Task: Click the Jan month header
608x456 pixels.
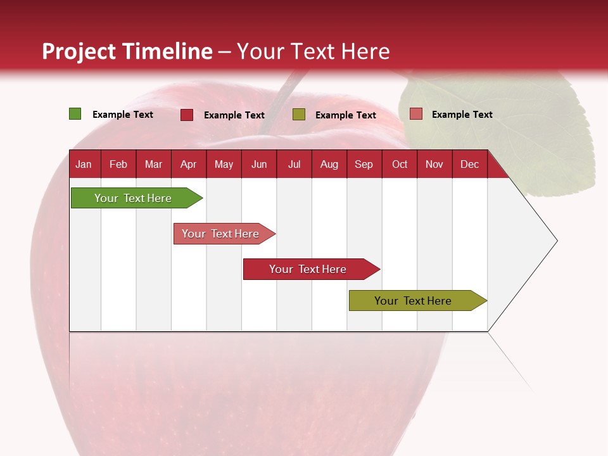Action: click(x=84, y=165)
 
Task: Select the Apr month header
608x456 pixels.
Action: click(x=188, y=165)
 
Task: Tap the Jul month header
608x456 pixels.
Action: click(x=294, y=165)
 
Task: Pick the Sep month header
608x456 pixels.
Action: click(x=364, y=165)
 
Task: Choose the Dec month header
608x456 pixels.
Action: click(x=469, y=165)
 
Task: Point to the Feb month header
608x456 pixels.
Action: click(x=118, y=165)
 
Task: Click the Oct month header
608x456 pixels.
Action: click(x=400, y=165)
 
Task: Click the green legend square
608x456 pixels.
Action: click(x=75, y=114)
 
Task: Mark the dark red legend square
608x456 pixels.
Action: click(x=187, y=115)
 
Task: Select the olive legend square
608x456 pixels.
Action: click(x=299, y=114)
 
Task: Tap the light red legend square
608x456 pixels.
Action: click(x=415, y=114)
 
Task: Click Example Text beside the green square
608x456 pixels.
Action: click(x=123, y=115)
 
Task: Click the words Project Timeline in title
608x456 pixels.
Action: click(x=127, y=51)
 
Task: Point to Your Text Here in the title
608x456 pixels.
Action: click(x=313, y=51)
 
